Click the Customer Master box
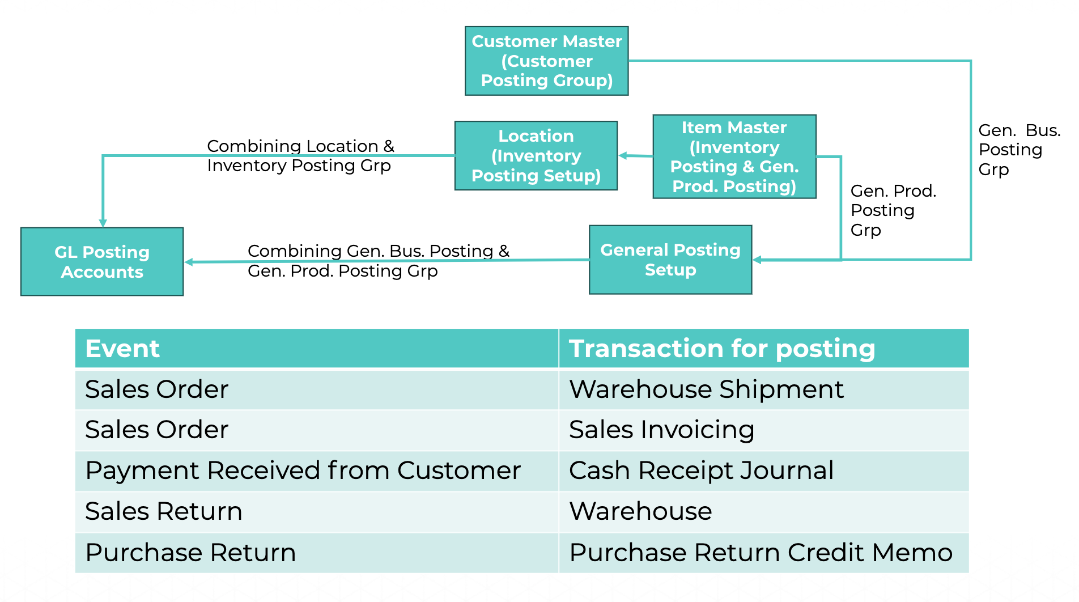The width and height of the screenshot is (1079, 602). click(x=546, y=61)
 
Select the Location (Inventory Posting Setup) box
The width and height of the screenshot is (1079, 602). click(x=536, y=155)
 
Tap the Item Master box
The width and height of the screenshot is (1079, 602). click(x=734, y=156)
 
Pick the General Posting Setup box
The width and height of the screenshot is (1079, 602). click(x=670, y=260)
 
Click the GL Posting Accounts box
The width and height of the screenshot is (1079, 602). click(x=102, y=261)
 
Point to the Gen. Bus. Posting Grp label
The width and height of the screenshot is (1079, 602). click(x=1018, y=150)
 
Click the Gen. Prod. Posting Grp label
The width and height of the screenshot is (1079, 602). click(x=893, y=210)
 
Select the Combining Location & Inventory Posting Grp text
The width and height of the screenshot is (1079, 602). click(x=300, y=155)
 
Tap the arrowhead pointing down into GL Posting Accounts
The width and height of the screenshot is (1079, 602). click(x=103, y=223)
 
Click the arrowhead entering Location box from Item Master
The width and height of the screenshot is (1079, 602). click(x=623, y=155)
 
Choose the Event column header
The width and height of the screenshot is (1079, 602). click(x=122, y=348)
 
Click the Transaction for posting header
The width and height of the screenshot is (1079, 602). click(x=721, y=348)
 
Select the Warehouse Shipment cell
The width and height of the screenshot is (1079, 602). click(x=706, y=389)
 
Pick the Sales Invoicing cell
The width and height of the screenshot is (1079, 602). click(x=661, y=430)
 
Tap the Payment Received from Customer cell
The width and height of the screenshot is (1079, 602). click(x=303, y=470)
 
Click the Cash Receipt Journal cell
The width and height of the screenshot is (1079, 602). click(x=701, y=470)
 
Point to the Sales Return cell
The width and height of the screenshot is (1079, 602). click(x=164, y=511)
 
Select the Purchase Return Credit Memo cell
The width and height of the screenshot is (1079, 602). click(x=761, y=552)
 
